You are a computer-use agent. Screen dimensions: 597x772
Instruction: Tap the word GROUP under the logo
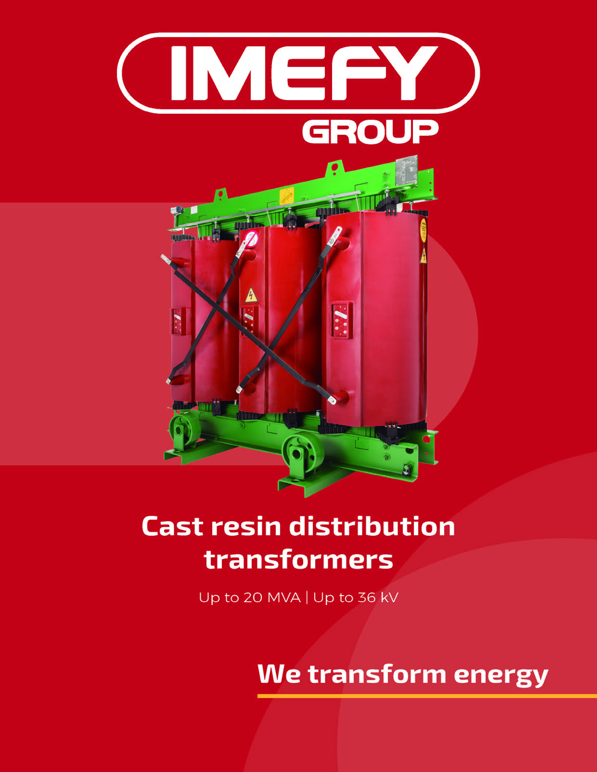(x=370, y=131)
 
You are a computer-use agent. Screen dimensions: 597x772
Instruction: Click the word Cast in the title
(x=173, y=526)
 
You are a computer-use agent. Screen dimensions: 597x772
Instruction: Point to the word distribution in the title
(x=372, y=526)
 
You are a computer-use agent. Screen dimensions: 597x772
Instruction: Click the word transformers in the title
(x=298, y=560)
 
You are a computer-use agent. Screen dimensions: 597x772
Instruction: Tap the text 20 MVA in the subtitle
(x=272, y=597)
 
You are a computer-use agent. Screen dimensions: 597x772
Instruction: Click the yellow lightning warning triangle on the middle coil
(x=251, y=295)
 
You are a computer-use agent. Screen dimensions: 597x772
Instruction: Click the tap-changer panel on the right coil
(x=341, y=320)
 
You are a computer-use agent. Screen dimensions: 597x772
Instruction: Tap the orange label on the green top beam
(x=287, y=196)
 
